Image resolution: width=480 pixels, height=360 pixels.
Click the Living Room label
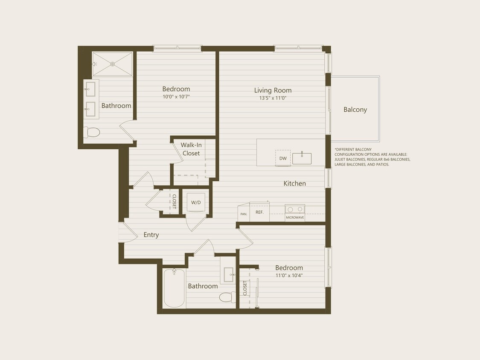pos(273,90)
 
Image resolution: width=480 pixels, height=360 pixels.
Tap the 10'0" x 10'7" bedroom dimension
pos(176,97)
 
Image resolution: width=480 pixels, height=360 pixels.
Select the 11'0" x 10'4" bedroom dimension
pos(289,275)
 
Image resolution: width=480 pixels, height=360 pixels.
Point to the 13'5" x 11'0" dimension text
pos(273,98)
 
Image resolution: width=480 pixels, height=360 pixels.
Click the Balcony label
pos(355,110)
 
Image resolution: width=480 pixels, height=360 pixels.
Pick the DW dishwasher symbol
pos(283,158)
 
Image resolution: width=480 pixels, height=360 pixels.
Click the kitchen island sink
pos(302,158)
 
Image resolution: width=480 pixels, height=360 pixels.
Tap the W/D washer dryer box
pos(196,202)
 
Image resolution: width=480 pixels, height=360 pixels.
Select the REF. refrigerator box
pos(259,212)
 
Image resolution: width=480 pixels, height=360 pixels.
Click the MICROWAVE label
pos(295,218)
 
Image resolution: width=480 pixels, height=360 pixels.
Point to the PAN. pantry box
pos(244,214)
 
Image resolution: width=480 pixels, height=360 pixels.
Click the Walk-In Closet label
pos(191,149)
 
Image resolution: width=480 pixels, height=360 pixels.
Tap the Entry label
pos(151,235)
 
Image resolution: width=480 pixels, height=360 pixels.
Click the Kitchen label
pos(295,183)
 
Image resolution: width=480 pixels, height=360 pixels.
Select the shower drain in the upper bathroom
pos(113,64)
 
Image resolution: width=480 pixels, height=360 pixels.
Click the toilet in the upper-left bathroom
pos(92,132)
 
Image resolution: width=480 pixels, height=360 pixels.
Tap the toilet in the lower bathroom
pos(227,297)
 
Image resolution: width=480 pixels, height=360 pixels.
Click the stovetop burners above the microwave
pos(295,209)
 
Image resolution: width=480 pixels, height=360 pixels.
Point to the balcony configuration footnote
pos(372,157)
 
